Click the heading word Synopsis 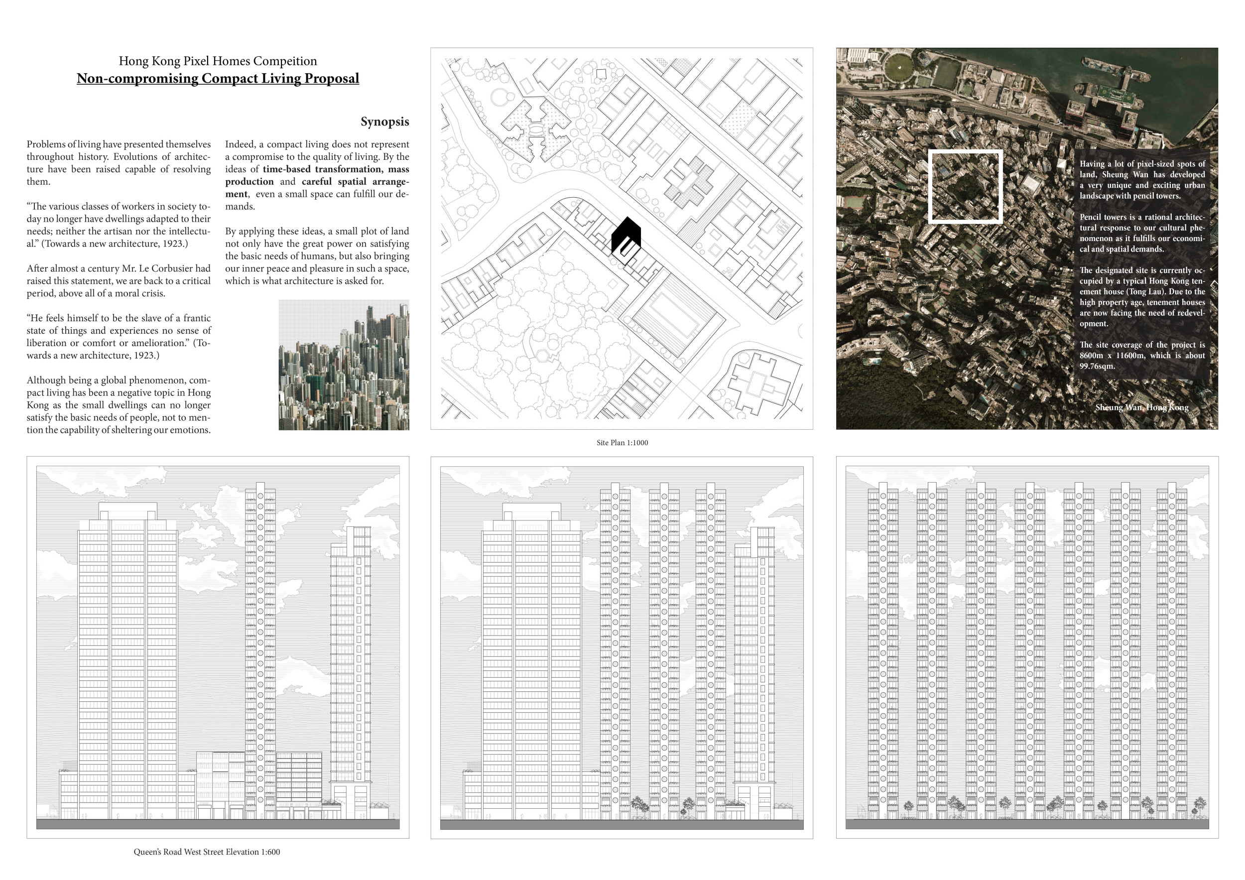tap(384, 122)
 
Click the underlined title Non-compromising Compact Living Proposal tap(218, 79)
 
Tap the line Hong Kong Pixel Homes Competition tap(218, 61)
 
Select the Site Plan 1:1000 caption tap(622, 443)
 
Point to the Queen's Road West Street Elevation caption tap(207, 852)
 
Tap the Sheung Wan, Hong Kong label tap(1141, 407)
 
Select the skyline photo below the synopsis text tap(344, 365)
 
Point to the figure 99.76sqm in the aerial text tap(1097, 366)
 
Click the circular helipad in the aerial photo tap(898, 67)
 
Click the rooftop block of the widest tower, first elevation tap(127, 511)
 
